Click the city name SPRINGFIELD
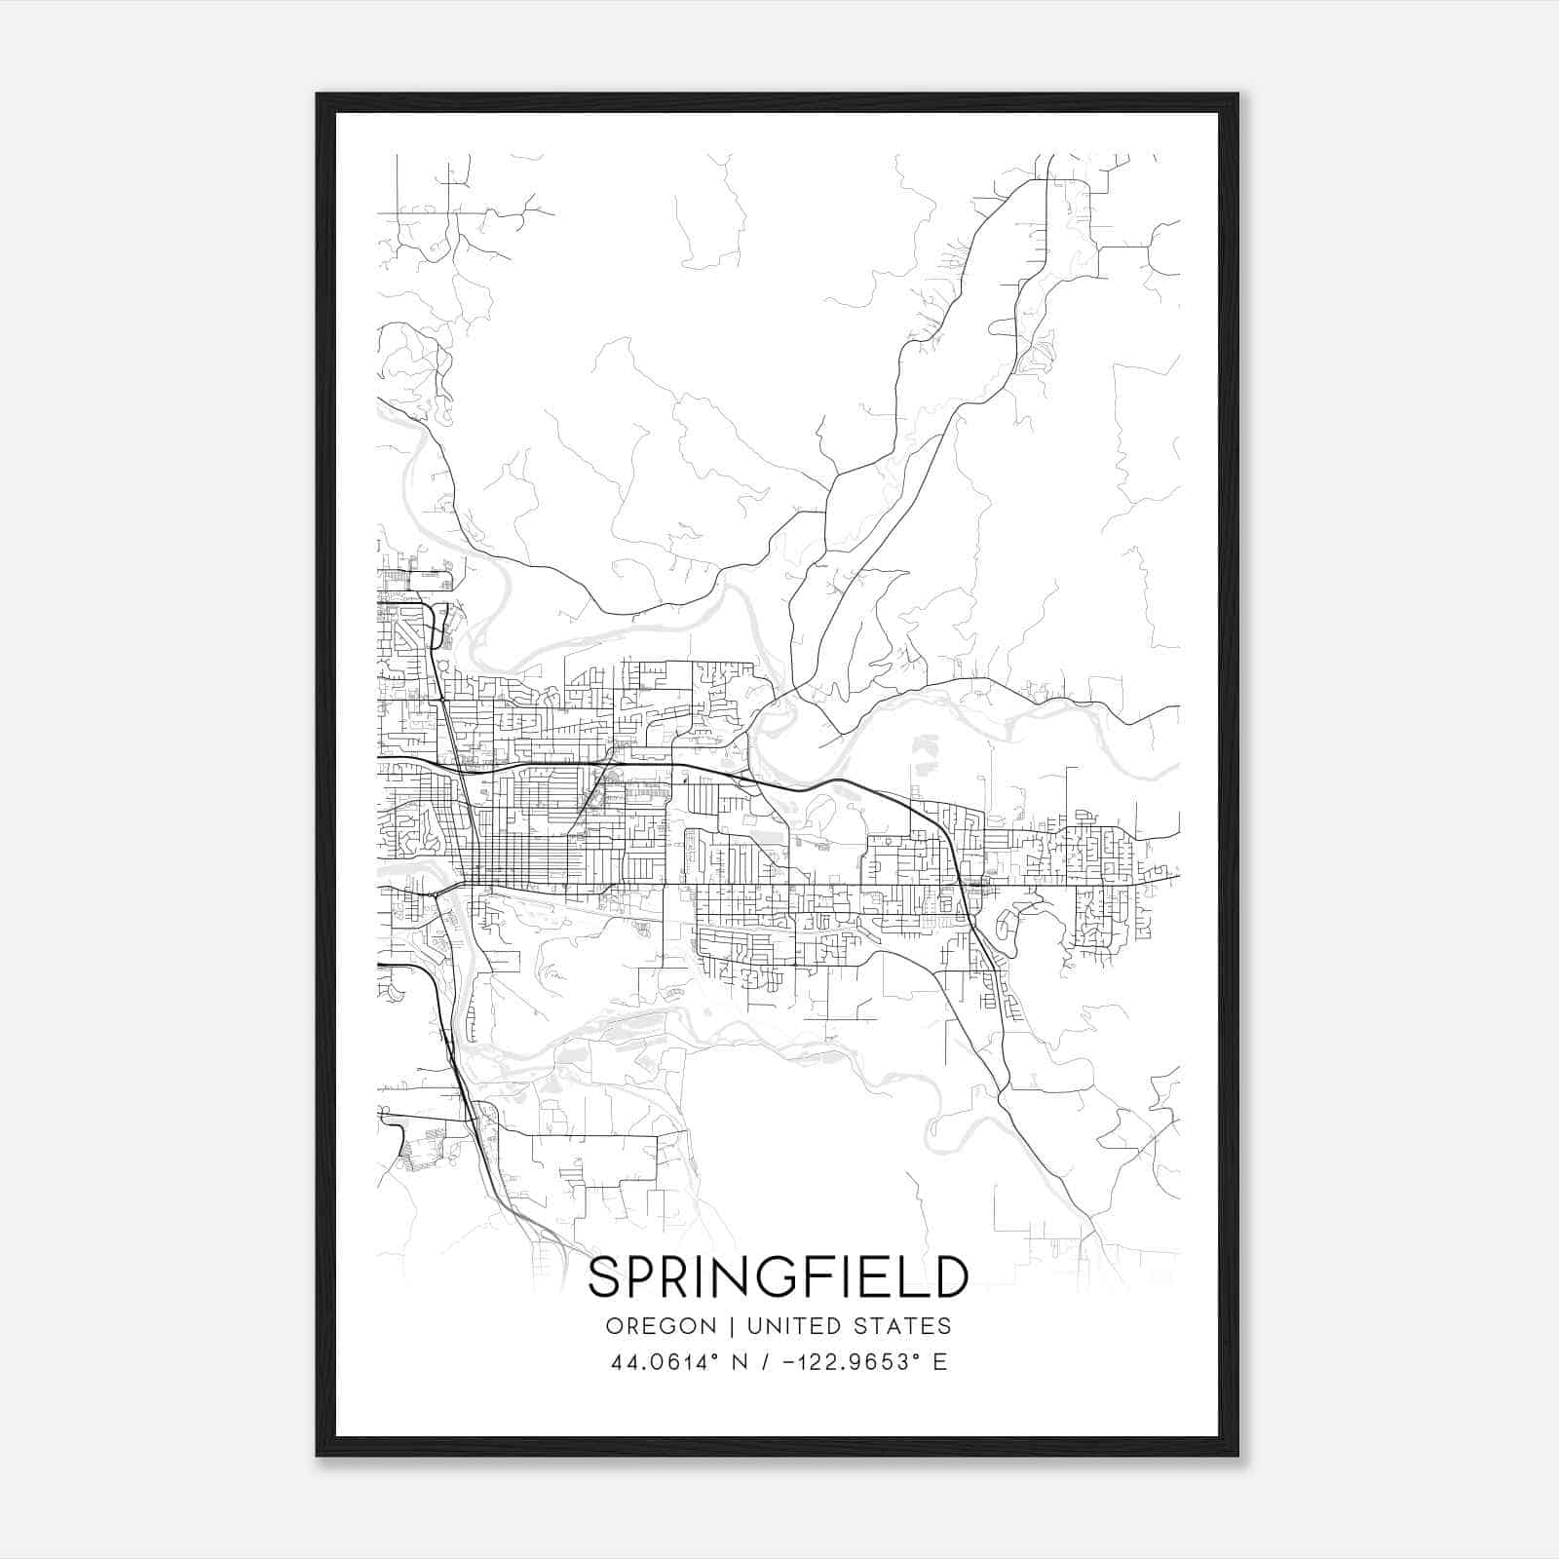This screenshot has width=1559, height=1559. click(779, 1277)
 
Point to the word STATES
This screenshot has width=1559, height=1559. click(904, 1326)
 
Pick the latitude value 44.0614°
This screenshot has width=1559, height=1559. click(666, 1362)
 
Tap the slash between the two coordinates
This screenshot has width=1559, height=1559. click(775, 1362)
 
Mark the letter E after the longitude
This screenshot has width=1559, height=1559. click(940, 1362)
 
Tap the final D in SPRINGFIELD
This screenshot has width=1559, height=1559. click(947, 1277)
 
